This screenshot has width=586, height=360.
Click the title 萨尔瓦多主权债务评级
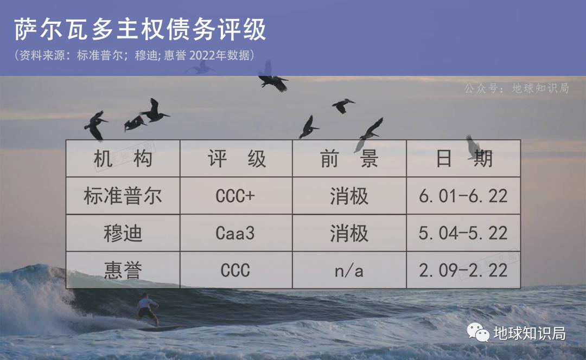pyautogui.click(x=140, y=30)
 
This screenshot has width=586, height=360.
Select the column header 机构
pyautogui.click(x=123, y=159)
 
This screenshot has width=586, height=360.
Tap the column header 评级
pyautogui.click(x=237, y=159)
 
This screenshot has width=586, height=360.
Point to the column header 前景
pyautogui.click(x=349, y=159)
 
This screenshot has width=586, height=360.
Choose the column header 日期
pyautogui.click(x=463, y=159)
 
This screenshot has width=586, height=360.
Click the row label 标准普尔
pyautogui.click(x=123, y=196)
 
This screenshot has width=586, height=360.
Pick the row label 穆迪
pyautogui.click(x=123, y=233)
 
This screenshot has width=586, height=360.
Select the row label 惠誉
pyautogui.click(x=123, y=270)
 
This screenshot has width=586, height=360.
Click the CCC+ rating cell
pyautogui.click(x=235, y=196)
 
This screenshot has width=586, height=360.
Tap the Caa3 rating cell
pyautogui.click(x=235, y=233)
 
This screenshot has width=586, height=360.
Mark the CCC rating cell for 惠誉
pyautogui.click(x=235, y=270)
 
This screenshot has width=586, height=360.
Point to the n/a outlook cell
pyautogui.click(x=349, y=271)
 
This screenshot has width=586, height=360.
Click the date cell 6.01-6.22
pyautogui.click(x=463, y=196)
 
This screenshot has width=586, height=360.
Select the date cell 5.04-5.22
pyautogui.click(x=463, y=233)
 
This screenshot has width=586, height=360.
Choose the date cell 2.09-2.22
pyautogui.click(x=463, y=270)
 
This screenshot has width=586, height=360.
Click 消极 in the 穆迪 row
pyautogui.click(x=349, y=233)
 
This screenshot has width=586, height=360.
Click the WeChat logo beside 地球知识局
pyautogui.click(x=479, y=333)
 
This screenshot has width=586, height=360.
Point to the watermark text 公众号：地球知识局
pyautogui.click(x=516, y=88)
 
